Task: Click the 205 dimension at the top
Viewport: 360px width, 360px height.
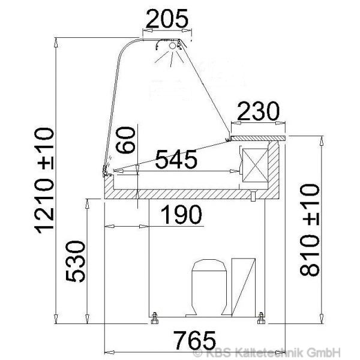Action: pyautogui.click(x=167, y=19)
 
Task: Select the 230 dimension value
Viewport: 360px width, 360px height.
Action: pyautogui.click(x=258, y=112)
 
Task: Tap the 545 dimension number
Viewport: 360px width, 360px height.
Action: pyautogui.click(x=176, y=159)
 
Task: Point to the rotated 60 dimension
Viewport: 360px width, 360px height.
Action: pyautogui.click(x=125, y=140)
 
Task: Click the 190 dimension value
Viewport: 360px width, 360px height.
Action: pyautogui.click(x=181, y=214)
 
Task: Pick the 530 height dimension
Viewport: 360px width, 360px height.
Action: pyautogui.click(x=76, y=261)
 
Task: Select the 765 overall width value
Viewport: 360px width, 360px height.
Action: pyautogui.click(x=194, y=340)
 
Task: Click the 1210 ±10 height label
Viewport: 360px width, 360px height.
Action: pyautogui.click(x=44, y=181)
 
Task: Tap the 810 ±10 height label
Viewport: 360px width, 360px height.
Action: pyautogui.click(x=310, y=230)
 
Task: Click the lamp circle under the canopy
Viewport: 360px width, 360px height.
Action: pyautogui.click(x=172, y=46)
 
